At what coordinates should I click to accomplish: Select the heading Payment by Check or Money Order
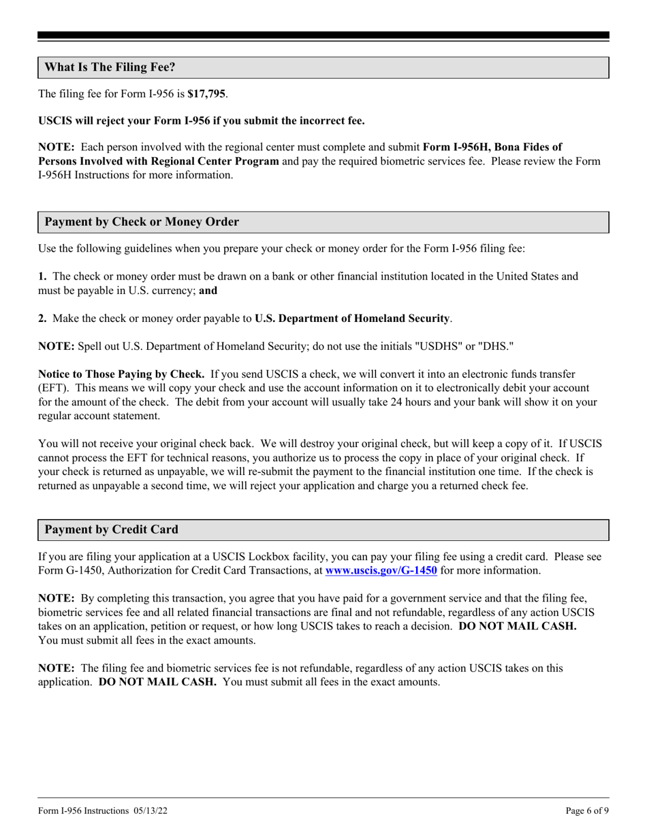142,222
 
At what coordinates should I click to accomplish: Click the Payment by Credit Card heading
112,529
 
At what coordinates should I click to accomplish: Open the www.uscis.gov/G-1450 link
381,571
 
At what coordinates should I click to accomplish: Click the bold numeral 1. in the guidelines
42,276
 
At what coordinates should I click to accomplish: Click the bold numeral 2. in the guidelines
42,318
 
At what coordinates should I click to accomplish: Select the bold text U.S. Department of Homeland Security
352,318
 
